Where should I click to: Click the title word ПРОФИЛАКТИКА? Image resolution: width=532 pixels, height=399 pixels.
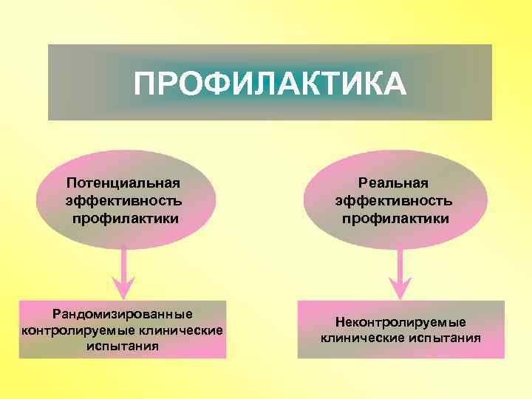pyautogui.click(x=270, y=83)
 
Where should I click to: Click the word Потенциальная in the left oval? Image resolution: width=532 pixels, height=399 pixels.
pyautogui.click(x=123, y=183)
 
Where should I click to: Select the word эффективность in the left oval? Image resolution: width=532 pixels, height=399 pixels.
pyautogui.click(x=123, y=200)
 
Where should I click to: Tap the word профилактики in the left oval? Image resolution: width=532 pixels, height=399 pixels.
pyautogui.click(x=126, y=218)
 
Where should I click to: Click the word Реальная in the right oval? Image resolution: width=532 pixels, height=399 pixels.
pyautogui.click(x=393, y=183)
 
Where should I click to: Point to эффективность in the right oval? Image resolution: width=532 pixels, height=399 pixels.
pyautogui.click(x=394, y=200)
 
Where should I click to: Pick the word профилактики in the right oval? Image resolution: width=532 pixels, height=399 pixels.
pyautogui.click(x=395, y=218)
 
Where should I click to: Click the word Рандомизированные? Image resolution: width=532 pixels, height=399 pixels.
pyautogui.click(x=123, y=314)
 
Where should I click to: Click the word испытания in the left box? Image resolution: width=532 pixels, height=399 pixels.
pyautogui.click(x=123, y=345)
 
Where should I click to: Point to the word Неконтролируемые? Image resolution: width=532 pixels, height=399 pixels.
pyautogui.click(x=400, y=322)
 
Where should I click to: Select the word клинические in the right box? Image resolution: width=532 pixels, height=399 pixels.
pyautogui.click(x=361, y=338)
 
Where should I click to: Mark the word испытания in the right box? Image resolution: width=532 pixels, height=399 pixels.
pyautogui.click(x=443, y=338)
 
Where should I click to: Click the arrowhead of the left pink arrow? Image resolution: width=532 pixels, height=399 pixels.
pyautogui.click(x=123, y=287)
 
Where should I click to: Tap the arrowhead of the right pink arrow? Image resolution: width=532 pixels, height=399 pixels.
pyautogui.click(x=400, y=287)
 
